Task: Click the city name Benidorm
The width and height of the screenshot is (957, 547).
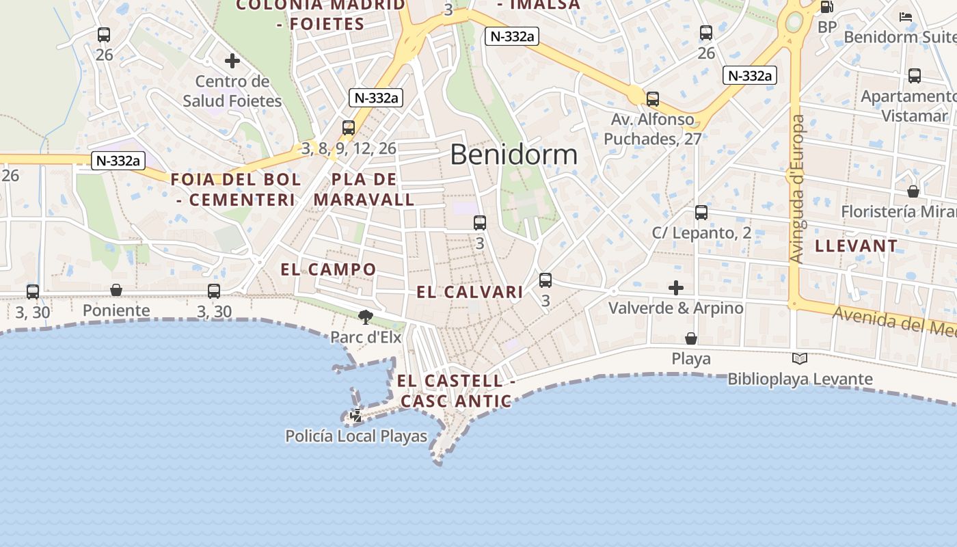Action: [x=513, y=155]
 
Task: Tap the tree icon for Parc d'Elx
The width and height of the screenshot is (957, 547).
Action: [x=366, y=316]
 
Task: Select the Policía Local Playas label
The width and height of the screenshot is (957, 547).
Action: [x=355, y=436]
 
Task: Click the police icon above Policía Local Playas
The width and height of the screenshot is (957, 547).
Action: [x=356, y=414]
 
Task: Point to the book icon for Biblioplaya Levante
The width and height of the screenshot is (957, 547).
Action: [x=800, y=358]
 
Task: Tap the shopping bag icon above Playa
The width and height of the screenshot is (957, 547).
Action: [x=691, y=338]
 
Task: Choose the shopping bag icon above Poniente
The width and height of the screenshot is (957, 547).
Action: [x=116, y=291]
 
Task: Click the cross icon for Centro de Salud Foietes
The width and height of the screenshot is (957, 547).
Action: [x=232, y=61]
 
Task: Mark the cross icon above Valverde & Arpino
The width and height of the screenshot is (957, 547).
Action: [x=676, y=288]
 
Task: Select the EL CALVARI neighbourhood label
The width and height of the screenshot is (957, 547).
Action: [x=470, y=292]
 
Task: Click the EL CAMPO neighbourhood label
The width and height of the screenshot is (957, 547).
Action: [x=328, y=269]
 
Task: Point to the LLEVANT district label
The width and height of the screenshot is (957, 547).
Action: [x=857, y=246]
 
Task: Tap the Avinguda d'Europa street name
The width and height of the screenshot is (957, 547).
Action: [x=797, y=189]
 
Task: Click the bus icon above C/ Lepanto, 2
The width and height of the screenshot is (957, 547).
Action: [x=701, y=213]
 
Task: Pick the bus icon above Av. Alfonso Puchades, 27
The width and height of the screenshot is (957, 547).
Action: [x=653, y=99]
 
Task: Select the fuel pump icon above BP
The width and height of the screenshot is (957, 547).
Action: [x=826, y=7]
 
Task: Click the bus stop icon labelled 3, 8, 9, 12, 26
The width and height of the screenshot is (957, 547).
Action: [x=349, y=128]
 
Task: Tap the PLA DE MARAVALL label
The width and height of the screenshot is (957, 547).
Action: [x=364, y=189]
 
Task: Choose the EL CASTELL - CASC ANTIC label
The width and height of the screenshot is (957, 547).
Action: [x=455, y=390]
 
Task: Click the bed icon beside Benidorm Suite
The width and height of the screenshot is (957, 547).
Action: [x=906, y=17]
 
